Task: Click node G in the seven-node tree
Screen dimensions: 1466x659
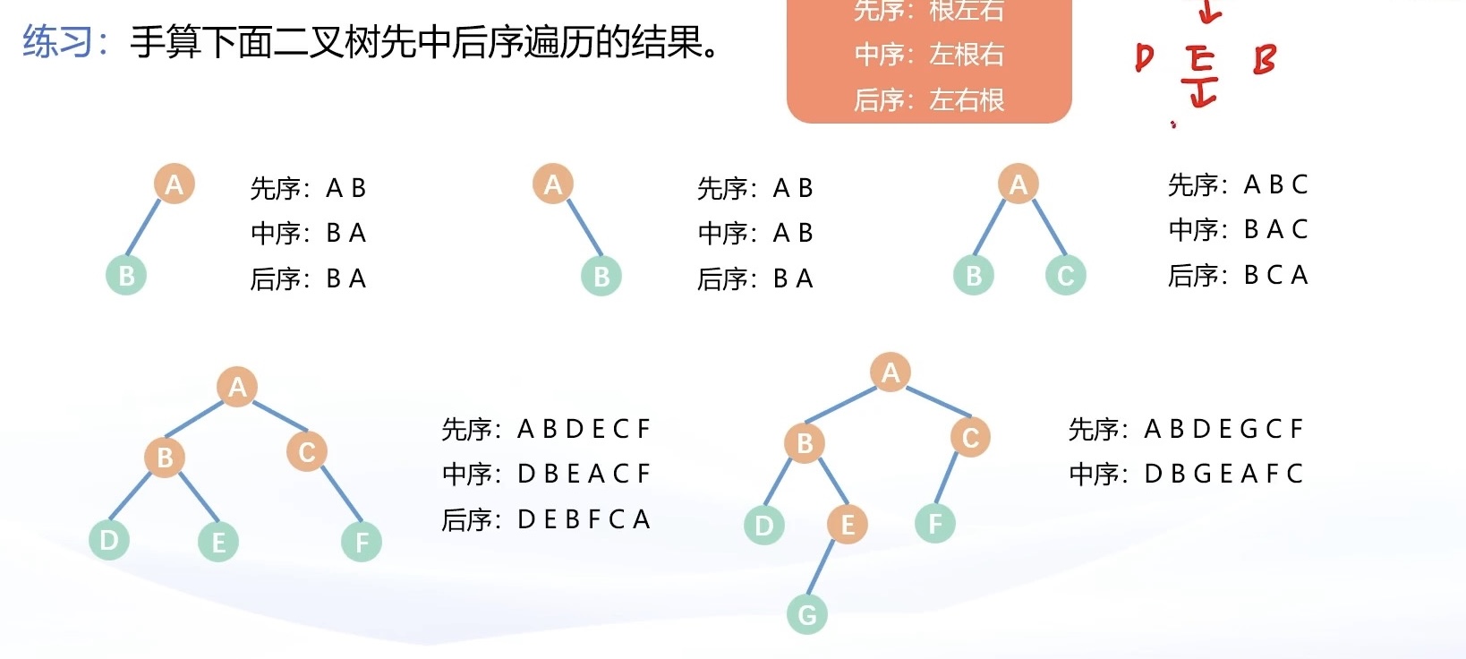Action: click(x=806, y=614)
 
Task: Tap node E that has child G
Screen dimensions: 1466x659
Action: click(x=847, y=524)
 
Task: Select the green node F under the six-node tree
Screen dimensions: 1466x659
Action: click(x=362, y=542)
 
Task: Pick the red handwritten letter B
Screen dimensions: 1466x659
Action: click(x=1264, y=60)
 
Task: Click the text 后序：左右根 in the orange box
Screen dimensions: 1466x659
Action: click(x=928, y=99)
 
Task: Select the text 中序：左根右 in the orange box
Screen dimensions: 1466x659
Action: click(x=928, y=55)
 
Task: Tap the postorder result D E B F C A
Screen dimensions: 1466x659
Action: click(x=584, y=519)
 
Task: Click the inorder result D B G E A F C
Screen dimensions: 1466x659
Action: click(x=1223, y=473)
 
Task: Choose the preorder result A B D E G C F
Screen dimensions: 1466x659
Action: click(x=1223, y=429)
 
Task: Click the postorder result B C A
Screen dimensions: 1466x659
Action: click(x=1276, y=275)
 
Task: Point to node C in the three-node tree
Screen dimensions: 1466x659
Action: click(x=1065, y=275)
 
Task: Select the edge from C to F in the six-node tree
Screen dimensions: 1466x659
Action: click(x=340, y=494)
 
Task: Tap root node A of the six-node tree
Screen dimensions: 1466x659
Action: click(x=237, y=387)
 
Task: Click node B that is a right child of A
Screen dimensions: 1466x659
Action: click(x=601, y=276)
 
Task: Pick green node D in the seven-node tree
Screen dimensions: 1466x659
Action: click(x=763, y=525)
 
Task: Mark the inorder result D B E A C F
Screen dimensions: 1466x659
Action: click(x=584, y=473)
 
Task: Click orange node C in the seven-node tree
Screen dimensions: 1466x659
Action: click(x=970, y=438)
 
